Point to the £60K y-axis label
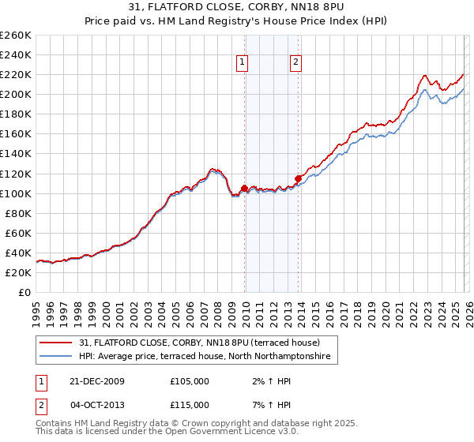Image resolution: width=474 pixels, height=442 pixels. click(x=18, y=233)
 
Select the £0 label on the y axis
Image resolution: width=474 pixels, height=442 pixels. click(x=24, y=292)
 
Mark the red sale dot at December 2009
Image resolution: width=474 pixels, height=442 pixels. click(x=244, y=189)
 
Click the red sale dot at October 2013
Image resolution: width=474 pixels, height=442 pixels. click(x=298, y=178)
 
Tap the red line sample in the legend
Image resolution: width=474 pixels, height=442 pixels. click(x=56, y=343)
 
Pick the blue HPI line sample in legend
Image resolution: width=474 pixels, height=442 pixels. click(x=56, y=358)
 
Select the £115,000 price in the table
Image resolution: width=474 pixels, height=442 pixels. click(x=190, y=404)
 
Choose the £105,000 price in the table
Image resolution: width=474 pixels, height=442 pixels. click(x=190, y=381)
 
